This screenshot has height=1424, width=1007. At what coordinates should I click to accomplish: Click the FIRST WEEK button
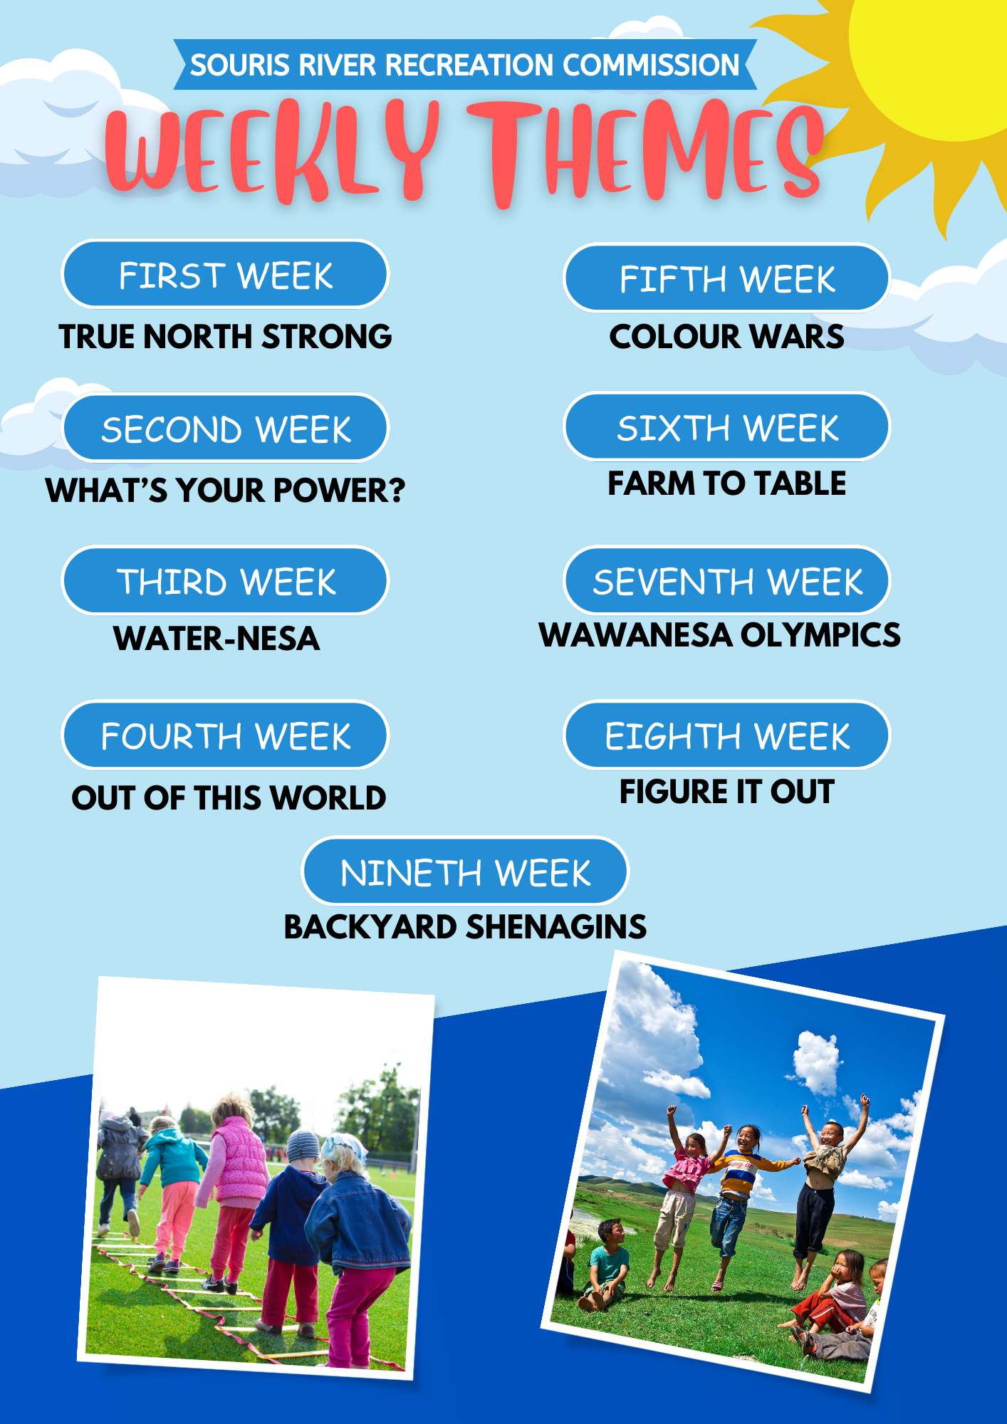point(225,274)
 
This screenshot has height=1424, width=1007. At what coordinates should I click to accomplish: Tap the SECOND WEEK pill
point(225,428)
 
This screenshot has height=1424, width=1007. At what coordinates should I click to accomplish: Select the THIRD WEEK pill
point(225,581)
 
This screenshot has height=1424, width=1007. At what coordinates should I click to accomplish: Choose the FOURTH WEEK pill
point(225,735)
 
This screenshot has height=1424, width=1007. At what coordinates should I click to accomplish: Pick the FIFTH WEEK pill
point(727,278)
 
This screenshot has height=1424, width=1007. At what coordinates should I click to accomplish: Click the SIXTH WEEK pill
point(727,426)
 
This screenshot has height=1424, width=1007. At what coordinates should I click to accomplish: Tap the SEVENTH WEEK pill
point(727,580)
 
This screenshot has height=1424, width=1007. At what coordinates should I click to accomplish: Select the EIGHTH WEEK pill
point(727,735)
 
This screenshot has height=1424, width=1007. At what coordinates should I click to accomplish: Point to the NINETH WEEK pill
point(465,871)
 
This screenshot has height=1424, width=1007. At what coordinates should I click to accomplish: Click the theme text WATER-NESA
point(216,638)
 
